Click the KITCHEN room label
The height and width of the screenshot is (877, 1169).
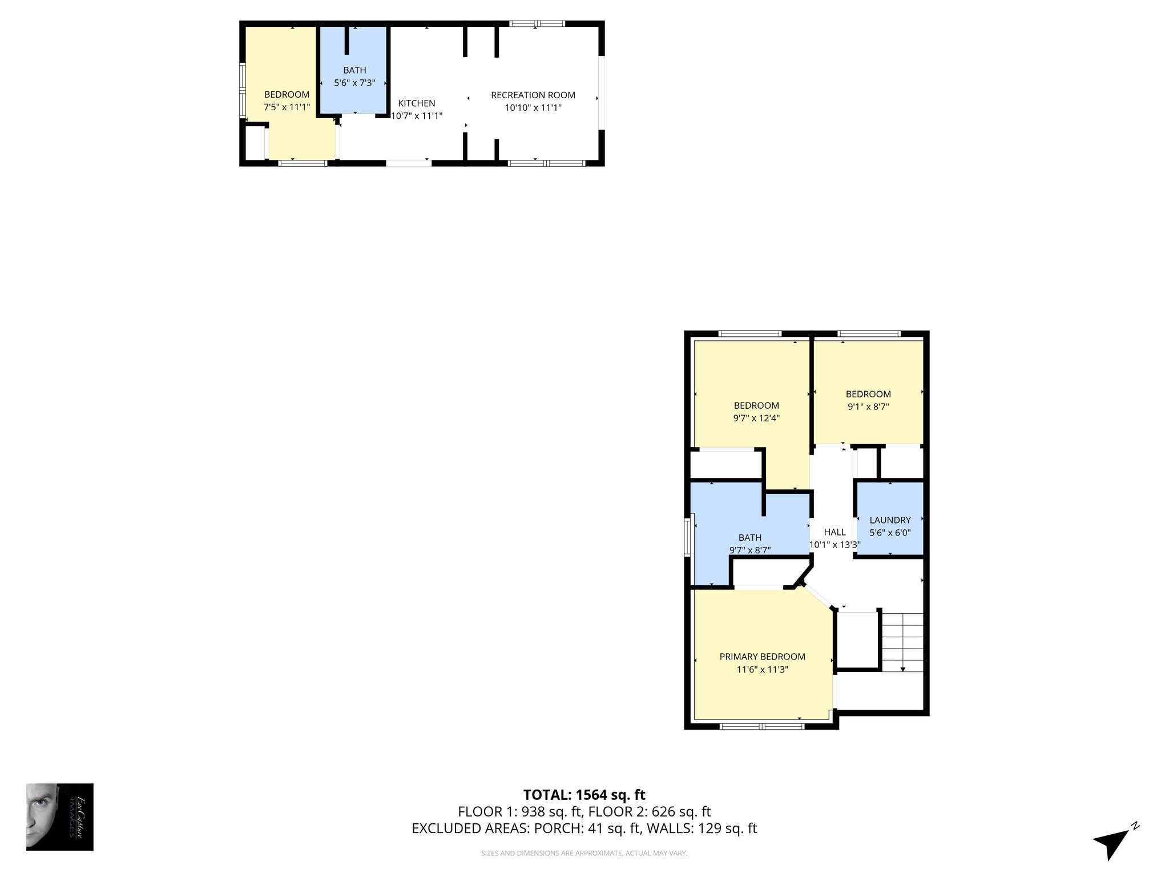[416, 103]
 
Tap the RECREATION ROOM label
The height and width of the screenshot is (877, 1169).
[533, 95]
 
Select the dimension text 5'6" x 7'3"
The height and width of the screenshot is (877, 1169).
[354, 83]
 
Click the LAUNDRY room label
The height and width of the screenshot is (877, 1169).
[890, 520]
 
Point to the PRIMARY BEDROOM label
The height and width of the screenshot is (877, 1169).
[762, 657]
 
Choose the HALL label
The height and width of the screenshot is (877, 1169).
[835, 532]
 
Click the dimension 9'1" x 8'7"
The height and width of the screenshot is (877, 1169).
[868, 407]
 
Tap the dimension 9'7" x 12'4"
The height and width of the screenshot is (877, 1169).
[756, 418]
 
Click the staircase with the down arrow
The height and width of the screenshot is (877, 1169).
[902, 642]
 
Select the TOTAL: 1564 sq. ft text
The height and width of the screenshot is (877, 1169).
[584, 795]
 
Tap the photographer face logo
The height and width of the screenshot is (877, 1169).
[59, 816]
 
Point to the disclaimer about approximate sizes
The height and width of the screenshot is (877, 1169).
[584, 854]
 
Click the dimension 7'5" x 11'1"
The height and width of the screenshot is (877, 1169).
[287, 107]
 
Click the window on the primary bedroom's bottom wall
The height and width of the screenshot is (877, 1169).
[761, 726]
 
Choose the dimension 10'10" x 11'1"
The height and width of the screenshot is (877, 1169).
[533, 107]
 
